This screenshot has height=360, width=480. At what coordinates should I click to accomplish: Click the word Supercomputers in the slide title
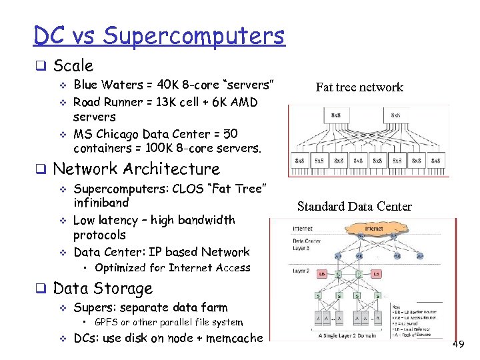pyautogui.click(x=194, y=35)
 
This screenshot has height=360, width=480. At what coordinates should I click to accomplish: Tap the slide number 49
pyautogui.click(x=458, y=344)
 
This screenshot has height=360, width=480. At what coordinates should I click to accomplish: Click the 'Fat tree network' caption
pyautogui.click(x=359, y=87)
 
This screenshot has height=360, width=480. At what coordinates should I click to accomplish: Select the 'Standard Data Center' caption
pyautogui.click(x=355, y=207)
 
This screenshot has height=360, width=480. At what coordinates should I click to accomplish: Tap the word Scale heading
pyautogui.click(x=73, y=66)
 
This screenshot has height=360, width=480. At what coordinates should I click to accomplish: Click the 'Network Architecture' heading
pyautogui.click(x=136, y=169)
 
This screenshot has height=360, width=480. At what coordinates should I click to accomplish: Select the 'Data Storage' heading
pyautogui.click(x=103, y=289)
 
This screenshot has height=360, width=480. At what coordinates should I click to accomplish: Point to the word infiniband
pyautogui.click(x=101, y=203)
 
